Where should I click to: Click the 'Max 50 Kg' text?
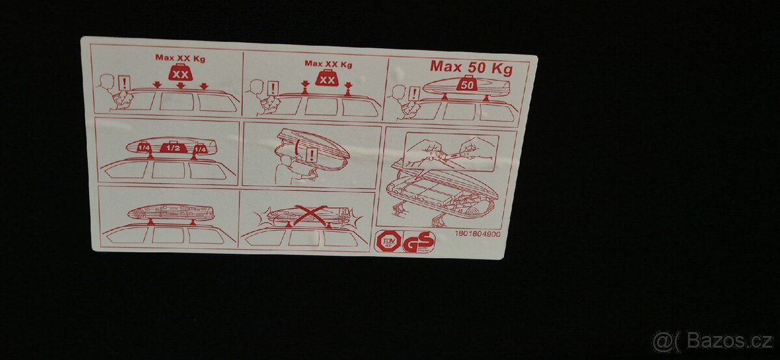click(471, 67)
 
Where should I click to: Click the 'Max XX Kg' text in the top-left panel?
click(179, 57)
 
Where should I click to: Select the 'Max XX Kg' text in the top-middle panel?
click(328, 64)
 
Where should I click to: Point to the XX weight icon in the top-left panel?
click(179, 73)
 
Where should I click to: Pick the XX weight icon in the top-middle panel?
click(328, 79)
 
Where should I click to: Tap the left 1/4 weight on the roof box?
click(144, 149)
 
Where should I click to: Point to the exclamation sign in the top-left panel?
click(123, 83)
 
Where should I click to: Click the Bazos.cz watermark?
click(712, 341)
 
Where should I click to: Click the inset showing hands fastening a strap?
click(450, 153)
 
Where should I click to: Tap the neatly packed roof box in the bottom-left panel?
click(170, 212)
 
